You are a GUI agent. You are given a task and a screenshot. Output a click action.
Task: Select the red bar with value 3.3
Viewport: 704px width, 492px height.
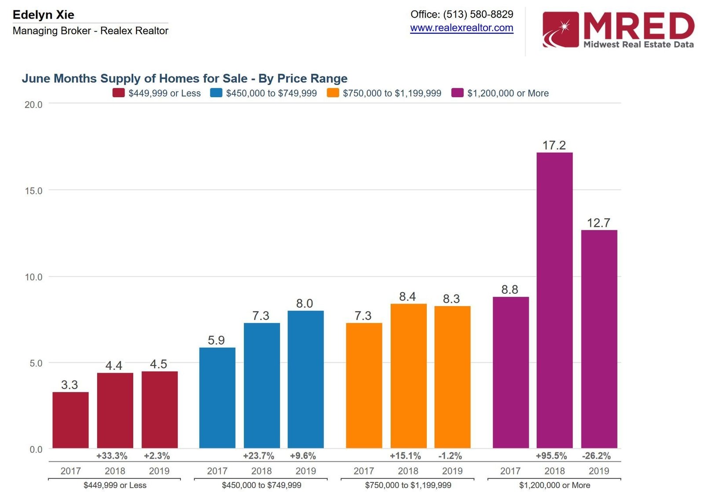pyautogui.click(x=70, y=420)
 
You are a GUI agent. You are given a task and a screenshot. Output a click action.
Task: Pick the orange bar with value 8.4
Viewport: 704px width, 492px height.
pyautogui.click(x=408, y=375)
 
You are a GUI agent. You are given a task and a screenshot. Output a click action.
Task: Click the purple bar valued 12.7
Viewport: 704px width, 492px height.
pyautogui.click(x=599, y=339)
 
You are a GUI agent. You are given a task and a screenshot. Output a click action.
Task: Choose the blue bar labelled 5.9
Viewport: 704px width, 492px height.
pyautogui.click(x=217, y=397)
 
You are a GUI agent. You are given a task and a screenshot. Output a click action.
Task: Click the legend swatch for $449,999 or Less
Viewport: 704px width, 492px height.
pyautogui.click(x=118, y=93)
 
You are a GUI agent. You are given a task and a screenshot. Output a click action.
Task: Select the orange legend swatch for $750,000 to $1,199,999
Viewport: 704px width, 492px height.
pyautogui.click(x=333, y=93)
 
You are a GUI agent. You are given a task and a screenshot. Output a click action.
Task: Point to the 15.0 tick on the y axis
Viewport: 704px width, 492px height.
pyautogui.click(x=33, y=191)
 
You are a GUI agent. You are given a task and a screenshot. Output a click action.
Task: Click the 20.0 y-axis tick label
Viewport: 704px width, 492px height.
pyautogui.click(x=33, y=105)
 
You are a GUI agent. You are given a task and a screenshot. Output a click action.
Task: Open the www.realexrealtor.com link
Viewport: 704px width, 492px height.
pyautogui.click(x=462, y=28)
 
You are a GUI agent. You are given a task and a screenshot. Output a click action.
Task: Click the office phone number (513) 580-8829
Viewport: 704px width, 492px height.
pyautogui.click(x=478, y=14)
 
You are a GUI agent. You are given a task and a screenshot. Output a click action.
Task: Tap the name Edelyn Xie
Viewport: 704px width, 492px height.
pyautogui.click(x=44, y=15)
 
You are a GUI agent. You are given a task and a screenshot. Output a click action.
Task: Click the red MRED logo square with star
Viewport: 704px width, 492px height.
pyautogui.click(x=560, y=29)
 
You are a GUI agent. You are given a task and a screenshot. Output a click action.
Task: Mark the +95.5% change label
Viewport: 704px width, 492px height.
pyautogui.click(x=551, y=456)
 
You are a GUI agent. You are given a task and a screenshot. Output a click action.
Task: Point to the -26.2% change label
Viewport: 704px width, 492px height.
pyautogui.click(x=596, y=456)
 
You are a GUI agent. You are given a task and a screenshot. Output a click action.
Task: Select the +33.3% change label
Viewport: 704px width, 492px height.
pyautogui.click(x=112, y=456)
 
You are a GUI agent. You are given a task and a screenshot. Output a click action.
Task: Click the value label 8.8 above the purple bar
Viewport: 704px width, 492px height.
pyautogui.click(x=510, y=289)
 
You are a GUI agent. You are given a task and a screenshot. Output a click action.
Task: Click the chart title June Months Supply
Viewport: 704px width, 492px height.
pyautogui.click(x=184, y=78)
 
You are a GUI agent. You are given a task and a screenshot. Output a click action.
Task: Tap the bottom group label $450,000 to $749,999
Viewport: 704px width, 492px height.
pyautogui.click(x=261, y=485)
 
